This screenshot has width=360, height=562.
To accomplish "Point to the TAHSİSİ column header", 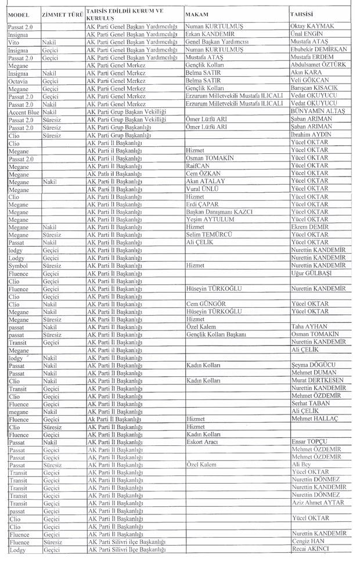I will click(x=304, y=13).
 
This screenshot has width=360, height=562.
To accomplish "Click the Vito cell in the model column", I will click(x=15, y=42).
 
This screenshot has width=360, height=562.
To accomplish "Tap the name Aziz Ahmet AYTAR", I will click(x=318, y=503).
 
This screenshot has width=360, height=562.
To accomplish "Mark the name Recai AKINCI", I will click(x=310, y=549).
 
